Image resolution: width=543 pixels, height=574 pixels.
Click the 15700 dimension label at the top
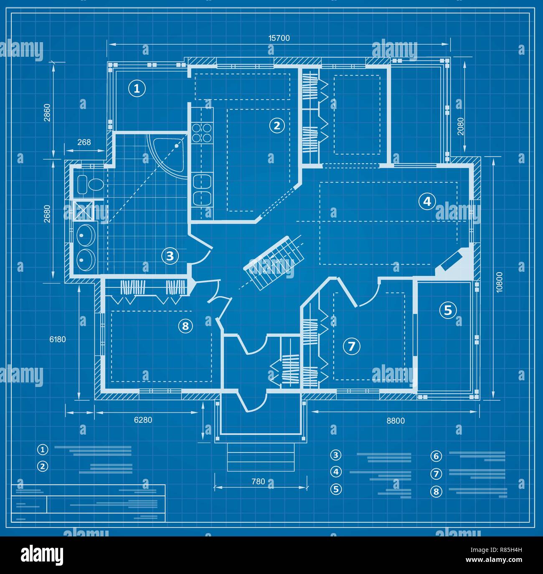(x=279, y=38)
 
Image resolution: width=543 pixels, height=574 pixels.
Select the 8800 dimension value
(x=395, y=421)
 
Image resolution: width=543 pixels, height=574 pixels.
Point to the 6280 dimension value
(x=143, y=420)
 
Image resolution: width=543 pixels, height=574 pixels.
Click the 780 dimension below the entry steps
(x=258, y=481)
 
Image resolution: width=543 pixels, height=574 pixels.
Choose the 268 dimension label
(x=84, y=142)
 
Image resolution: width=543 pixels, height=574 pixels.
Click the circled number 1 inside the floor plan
(x=136, y=88)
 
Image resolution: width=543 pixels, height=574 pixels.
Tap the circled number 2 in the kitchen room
(x=277, y=125)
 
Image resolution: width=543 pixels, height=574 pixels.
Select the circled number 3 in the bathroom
(x=170, y=255)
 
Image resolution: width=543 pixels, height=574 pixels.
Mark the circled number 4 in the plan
(x=426, y=202)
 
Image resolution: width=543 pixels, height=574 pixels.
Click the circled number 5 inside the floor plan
(x=448, y=310)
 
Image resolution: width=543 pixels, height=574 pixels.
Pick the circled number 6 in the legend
(x=436, y=456)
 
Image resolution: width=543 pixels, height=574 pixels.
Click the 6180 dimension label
(x=58, y=339)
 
